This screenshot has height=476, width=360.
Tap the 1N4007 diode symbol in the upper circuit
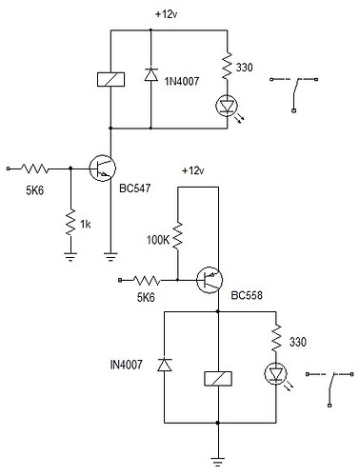click(151, 79)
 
